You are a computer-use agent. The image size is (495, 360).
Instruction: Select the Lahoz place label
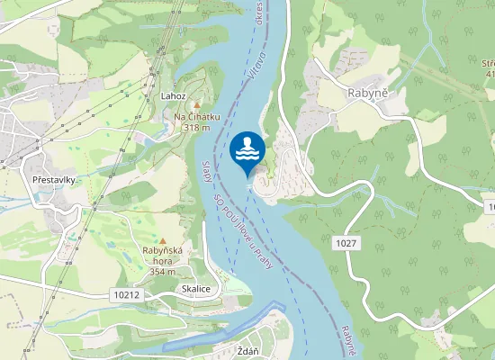(x=173, y=96)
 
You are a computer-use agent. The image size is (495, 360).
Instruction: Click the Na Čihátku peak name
(x=197, y=117)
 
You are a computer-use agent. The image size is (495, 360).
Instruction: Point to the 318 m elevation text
(x=197, y=128)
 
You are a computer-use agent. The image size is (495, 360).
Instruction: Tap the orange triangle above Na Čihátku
(x=197, y=105)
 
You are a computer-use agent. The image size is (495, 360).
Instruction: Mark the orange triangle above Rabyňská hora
(x=163, y=241)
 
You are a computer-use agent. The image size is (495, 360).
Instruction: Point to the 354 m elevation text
(x=163, y=271)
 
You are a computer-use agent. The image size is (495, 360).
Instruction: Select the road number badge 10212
(x=129, y=293)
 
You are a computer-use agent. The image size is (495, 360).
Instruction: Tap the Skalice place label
(x=195, y=289)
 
